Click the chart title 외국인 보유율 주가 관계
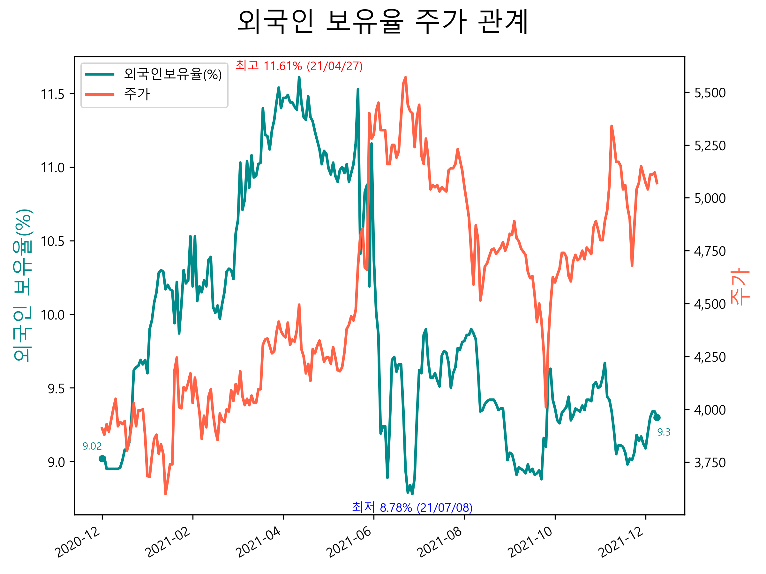383,21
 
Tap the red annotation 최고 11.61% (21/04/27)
299,66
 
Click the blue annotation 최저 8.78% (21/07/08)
412,507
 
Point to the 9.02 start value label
92,446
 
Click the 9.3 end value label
664,432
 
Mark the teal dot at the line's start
102,459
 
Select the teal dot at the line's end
657,418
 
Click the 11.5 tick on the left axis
53,94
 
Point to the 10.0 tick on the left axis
53,315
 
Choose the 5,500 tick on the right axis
710,93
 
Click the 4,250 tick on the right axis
710,357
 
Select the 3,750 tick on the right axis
710,463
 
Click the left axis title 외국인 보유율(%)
23,285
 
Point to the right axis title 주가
740,286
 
